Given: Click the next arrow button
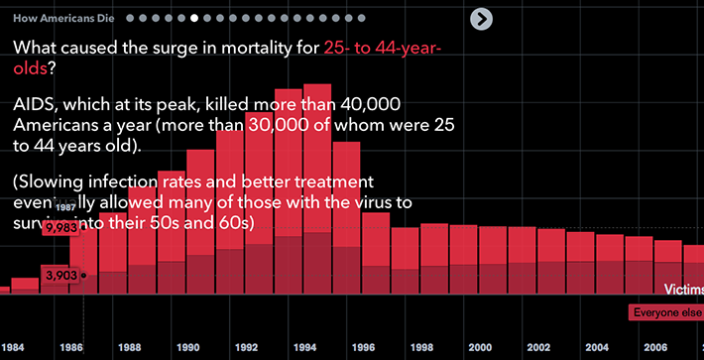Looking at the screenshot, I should [482, 19].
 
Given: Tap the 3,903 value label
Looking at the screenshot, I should [61, 274].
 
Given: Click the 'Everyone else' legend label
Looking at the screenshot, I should [666, 312].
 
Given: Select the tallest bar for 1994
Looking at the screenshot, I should [317, 188].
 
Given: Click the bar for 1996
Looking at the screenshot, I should [347, 218].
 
